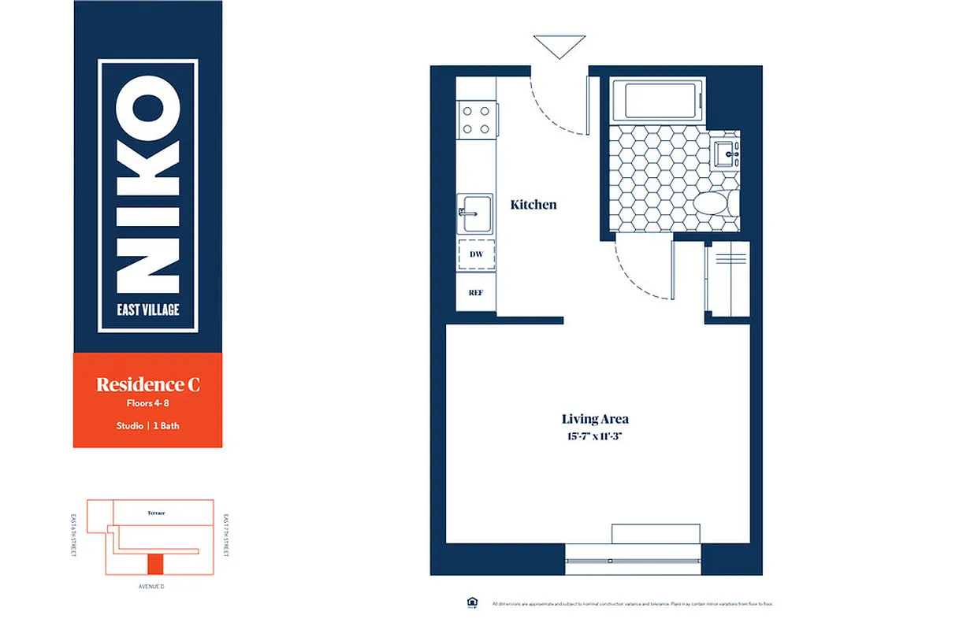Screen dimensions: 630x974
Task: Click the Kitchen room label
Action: (x=533, y=205)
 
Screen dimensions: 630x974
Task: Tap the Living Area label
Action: (x=595, y=419)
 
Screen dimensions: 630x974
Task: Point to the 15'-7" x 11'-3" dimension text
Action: (x=595, y=435)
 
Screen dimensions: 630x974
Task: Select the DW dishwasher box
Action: (x=476, y=254)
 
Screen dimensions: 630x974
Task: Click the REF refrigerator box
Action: (x=476, y=292)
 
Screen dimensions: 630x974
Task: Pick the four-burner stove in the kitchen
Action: (x=476, y=120)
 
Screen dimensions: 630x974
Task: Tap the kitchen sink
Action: (x=477, y=213)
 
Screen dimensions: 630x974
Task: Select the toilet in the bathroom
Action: (x=714, y=203)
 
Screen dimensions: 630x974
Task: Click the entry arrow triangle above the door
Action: (x=559, y=46)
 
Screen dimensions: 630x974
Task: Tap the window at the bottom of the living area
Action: (x=633, y=561)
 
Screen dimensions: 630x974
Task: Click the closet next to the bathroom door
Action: (x=727, y=280)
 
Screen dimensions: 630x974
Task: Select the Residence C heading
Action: (x=147, y=384)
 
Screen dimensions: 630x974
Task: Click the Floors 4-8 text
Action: (x=147, y=404)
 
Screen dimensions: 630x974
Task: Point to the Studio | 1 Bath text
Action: (x=147, y=426)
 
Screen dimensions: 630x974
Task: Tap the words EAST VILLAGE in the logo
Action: (x=147, y=309)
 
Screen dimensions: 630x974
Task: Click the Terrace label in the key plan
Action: (x=156, y=513)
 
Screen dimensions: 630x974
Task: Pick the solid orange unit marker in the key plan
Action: (x=155, y=563)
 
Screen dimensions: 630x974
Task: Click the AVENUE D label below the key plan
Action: (x=150, y=587)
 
